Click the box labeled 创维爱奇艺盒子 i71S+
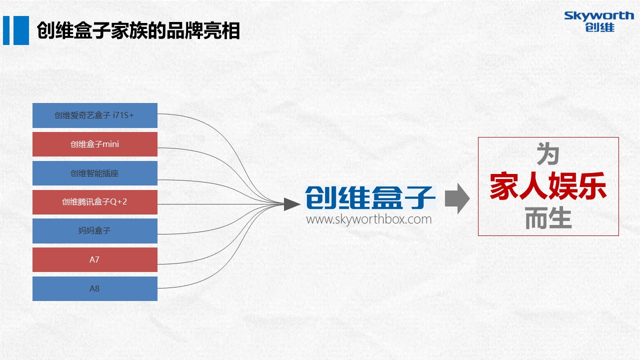(x=95, y=115)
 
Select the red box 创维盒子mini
(x=95, y=144)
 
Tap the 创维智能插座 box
(x=95, y=173)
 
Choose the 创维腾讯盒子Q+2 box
(x=95, y=202)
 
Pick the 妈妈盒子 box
(x=95, y=231)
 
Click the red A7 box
(x=95, y=259)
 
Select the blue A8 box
(x=95, y=288)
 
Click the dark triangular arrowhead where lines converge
(x=291, y=204)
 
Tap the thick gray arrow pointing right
(x=457, y=198)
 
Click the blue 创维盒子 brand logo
(x=370, y=197)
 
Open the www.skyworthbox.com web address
(x=369, y=219)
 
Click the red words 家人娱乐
(x=548, y=185)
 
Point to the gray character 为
(x=548, y=154)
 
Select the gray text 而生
(x=548, y=218)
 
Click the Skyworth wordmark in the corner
(x=599, y=16)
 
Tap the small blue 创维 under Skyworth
(x=599, y=27)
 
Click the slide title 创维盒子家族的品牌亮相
(x=138, y=30)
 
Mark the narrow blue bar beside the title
(x=6, y=30)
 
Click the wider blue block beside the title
(x=21, y=30)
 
